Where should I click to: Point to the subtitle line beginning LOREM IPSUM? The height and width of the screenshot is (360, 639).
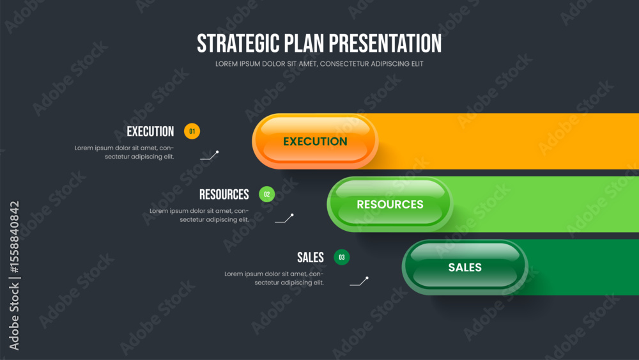[x=319, y=64]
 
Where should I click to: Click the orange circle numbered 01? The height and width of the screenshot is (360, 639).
[x=192, y=131]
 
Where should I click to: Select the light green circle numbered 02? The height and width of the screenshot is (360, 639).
[x=267, y=194]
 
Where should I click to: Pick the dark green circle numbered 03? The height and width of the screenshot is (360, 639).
[x=341, y=257]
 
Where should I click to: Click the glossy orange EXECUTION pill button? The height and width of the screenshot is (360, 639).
[x=315, y=141]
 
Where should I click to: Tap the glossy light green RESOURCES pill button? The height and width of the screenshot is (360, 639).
[x=390, y=204]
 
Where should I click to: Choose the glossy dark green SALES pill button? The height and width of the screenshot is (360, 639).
[x=465, y=267]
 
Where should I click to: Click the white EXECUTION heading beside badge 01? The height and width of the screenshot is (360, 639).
[x=150, y=131]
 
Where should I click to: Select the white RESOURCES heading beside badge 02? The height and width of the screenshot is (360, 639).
[x=224, y=194]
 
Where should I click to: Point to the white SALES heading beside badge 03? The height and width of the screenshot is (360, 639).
[x=311, y=257]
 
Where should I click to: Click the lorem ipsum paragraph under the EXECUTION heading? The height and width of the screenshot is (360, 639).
[x=125, y=152]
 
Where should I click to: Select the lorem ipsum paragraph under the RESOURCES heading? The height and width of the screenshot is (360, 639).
[x=199, y=215]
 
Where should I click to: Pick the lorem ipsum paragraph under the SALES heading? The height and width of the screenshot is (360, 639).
[x=274, y=278]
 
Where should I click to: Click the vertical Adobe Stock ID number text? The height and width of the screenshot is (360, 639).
[x=14, y=237]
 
